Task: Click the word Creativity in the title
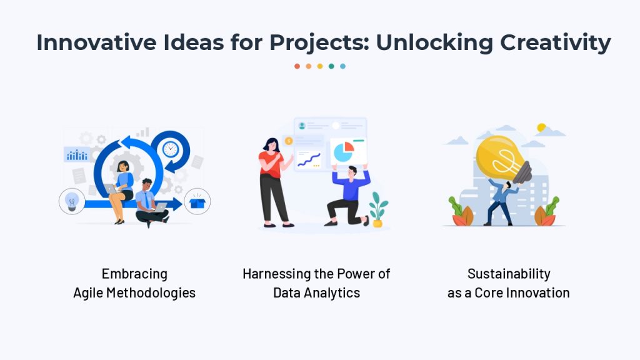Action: (556, 43)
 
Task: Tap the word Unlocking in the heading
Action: (435, 43)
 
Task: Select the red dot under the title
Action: (297, 66)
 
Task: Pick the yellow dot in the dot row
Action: (320, 66)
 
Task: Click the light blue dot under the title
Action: (343, 66)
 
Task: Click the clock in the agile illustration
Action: (170, 149)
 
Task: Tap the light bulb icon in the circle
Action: (72, 202)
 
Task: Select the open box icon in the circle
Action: (197, 201)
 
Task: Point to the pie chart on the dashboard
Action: (344, 152)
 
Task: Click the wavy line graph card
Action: (309, 159)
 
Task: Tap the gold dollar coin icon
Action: (289, 141)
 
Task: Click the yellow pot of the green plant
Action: (377, 223)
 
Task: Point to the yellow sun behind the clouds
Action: (541, 127)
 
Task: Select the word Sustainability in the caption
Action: (509, 274)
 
